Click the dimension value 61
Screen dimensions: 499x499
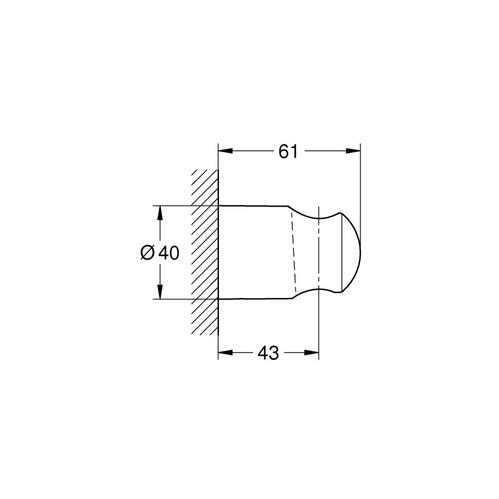(x=288, y=151)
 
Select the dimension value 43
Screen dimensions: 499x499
(x=268, y=353)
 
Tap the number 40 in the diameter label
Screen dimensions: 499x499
(x=168, y=253)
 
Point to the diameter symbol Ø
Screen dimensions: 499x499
(x=147, y=253)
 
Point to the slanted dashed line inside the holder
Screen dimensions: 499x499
(x=293, y=253)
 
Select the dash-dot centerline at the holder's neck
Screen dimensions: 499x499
(x=319, y=253)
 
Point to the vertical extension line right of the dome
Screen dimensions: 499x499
(x=361, y=187)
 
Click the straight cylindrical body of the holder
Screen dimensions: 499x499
(x=256, y=253)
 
